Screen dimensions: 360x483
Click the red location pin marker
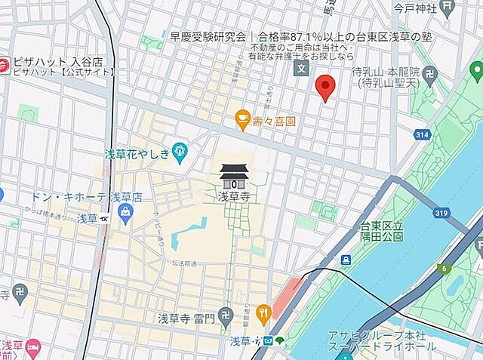(x=325, y=87)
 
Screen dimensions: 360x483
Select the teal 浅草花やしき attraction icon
(x=180, y=152)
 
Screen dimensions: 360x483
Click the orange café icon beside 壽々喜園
(x=242, y=118)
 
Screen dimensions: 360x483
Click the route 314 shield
(x=423, y=134)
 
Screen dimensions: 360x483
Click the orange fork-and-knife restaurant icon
(x=263, y=312)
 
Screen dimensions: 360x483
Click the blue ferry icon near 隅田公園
(x=346, y=260)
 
